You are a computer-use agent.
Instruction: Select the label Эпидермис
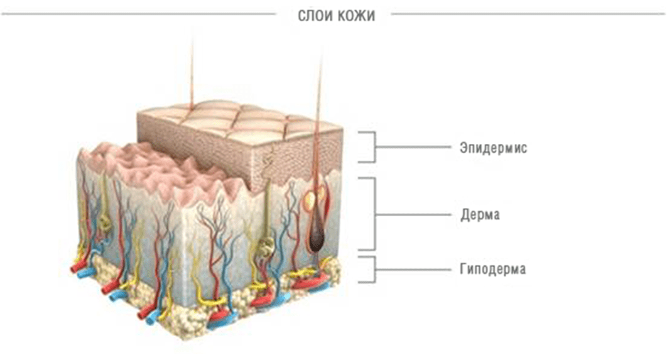(x=494, y=148)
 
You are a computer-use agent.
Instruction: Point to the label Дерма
(x=480, y=214)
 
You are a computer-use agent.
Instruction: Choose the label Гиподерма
(x=492, y=269)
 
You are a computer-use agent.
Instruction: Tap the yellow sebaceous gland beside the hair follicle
(x=312, y=199)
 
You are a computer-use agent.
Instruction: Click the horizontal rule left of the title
(x=139, y=14)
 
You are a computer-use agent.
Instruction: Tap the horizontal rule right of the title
(x=528, y=14)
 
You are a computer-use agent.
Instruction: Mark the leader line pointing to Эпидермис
(x=413, y=147)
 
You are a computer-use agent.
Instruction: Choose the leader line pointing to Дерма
(x=413, y=214)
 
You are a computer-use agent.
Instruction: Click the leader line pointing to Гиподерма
(x=413, y=270)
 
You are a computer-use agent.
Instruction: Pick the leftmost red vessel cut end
(x=76, y=267)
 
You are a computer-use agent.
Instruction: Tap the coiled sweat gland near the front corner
(x=266, y=248)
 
